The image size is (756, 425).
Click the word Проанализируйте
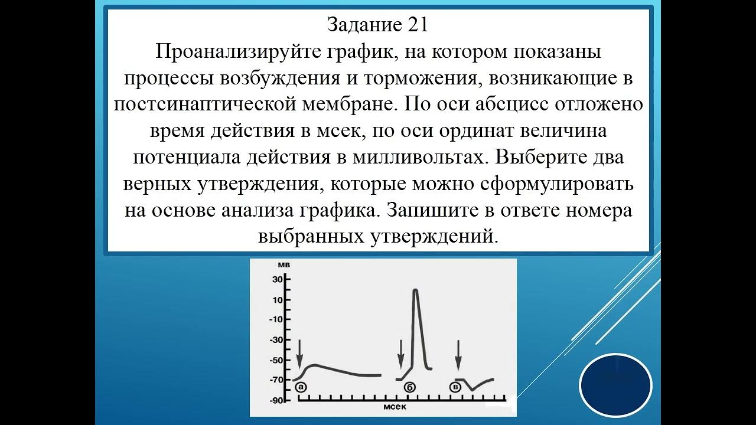click(239, 51)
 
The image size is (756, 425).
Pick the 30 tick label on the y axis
click(278, 279)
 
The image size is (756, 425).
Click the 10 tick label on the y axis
click(278, 299)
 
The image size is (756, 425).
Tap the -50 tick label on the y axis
click(276, 360)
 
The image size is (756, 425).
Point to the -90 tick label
click(276, 401)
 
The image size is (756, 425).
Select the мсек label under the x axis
click(395, 408)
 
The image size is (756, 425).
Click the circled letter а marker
click(300, 387)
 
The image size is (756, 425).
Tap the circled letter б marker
click(409, 387)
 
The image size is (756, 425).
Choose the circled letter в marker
click(455, 387)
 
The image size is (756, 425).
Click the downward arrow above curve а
click(299, 353)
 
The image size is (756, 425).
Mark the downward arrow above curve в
click(458, 353)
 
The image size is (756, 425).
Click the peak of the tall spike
click(415, 290)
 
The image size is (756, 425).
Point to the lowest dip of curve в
click(472, 390)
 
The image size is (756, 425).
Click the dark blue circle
click(615, 385)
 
